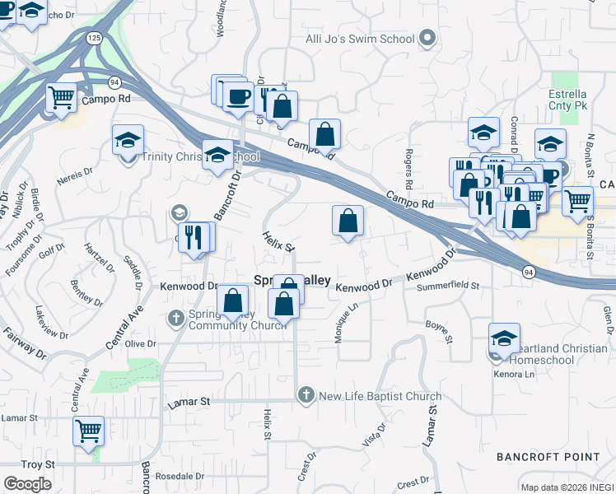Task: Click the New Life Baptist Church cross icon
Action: click(x=306, y=396)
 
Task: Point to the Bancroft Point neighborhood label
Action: click(x=544, y=456)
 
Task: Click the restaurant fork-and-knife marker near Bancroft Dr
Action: click(x=194, y=237)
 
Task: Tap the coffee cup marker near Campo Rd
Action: click(x=238, y=96)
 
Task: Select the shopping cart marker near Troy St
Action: click(x=88, y=430)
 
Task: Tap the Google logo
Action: click(x=27, y=484)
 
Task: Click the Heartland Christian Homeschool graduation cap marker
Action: click(x=504, y=338)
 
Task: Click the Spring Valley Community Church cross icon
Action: click(x=175, y=318)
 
